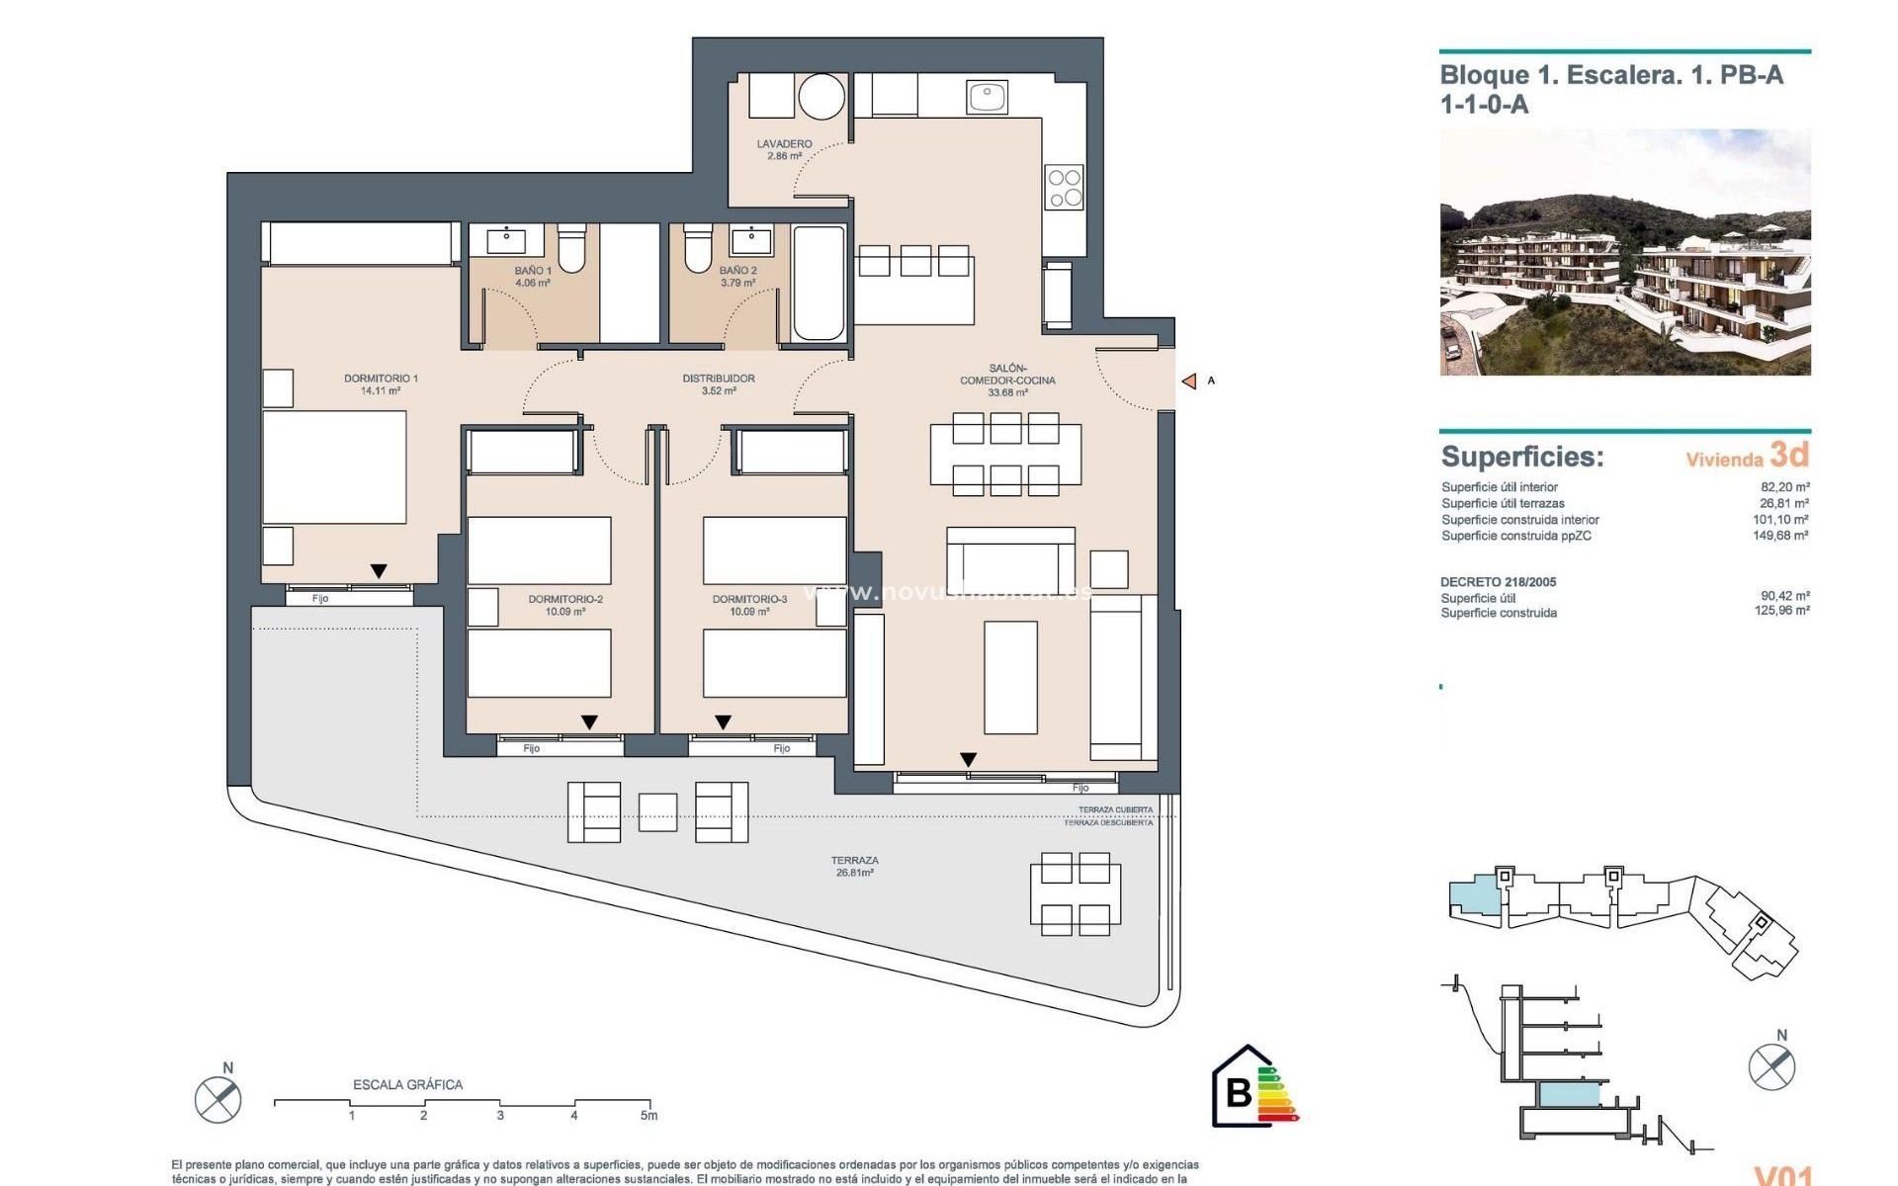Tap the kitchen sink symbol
tap(987, 97)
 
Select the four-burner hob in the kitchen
tap(1065, 188)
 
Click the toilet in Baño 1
tap(571, 248)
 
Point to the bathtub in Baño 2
tap(819, 282)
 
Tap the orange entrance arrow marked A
tap(1189, 381)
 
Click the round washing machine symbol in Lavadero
tap(821, 97)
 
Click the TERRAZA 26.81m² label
tap(854, 866)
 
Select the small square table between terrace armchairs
tap(657, 811)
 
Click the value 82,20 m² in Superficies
tap(1784, 487)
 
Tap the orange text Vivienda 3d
tap(1747, 456)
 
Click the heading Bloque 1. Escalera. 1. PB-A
tap(1611, 75)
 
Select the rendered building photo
tap(1624, 252)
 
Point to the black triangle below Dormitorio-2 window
tap(589, 722)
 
